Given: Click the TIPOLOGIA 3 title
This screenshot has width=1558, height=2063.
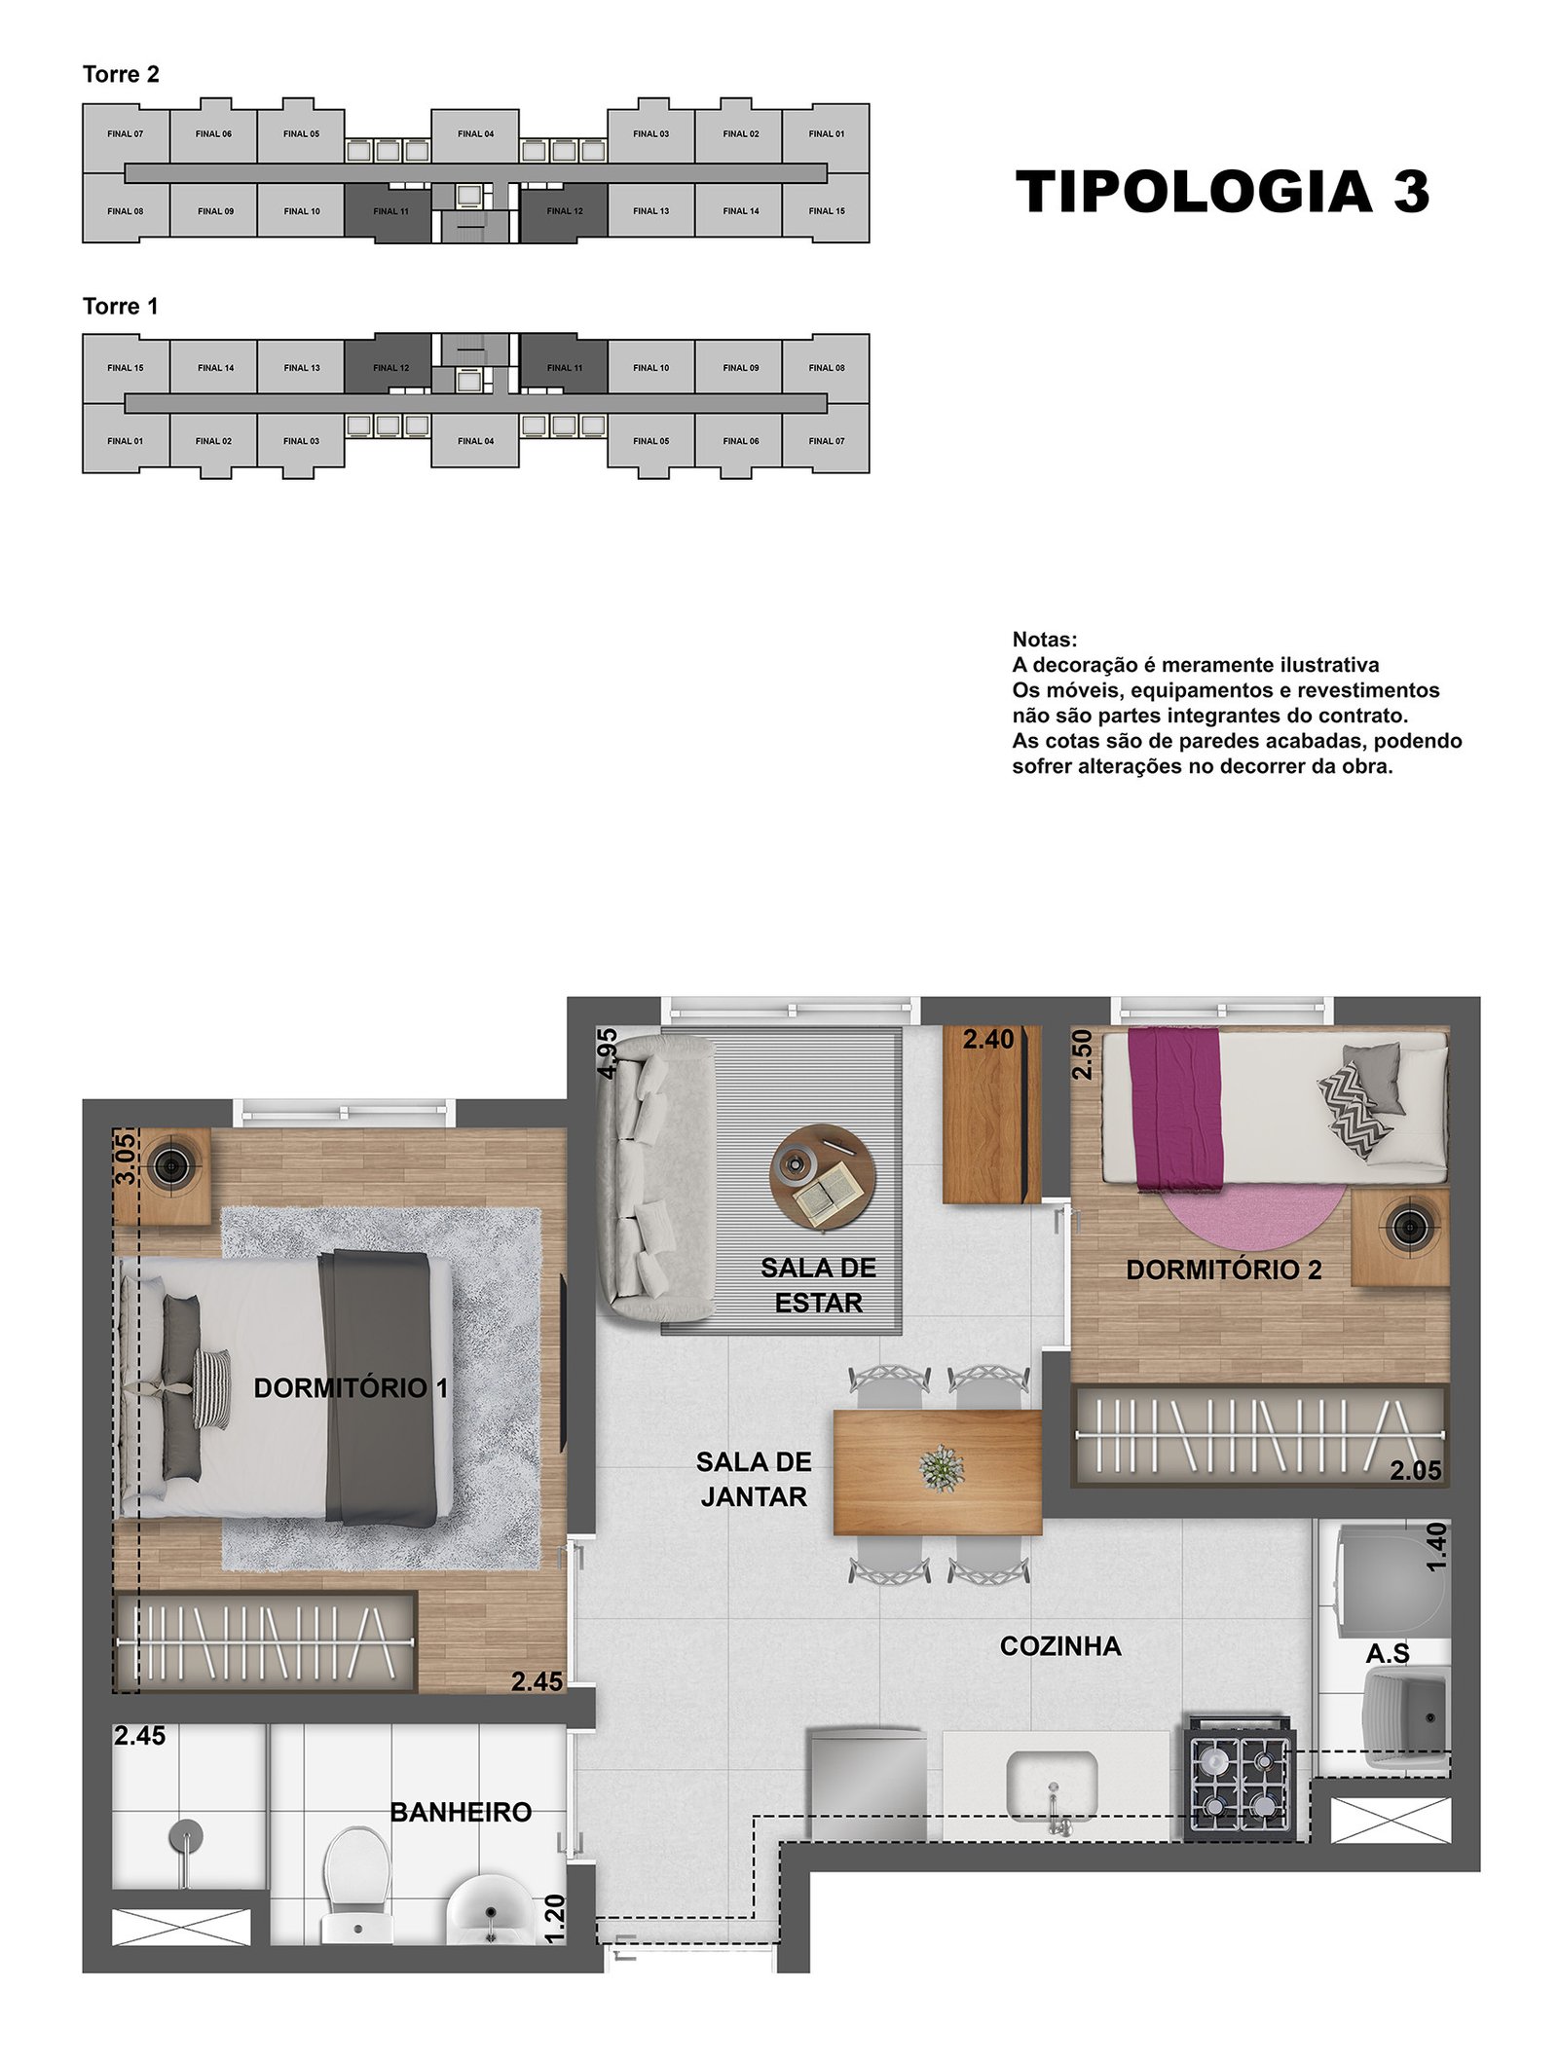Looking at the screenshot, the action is (1222, 191).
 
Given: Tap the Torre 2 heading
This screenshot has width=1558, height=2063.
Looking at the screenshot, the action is (121, 75).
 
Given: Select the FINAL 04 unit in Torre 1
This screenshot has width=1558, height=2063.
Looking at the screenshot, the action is (475, 441).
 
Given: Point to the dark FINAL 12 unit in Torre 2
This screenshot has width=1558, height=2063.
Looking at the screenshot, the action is (564, 211).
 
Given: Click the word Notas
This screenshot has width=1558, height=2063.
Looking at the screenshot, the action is (1045, 640).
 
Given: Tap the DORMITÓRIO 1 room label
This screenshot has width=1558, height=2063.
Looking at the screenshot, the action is (351, 1388).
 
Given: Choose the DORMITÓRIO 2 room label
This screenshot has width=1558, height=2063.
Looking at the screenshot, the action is (1224, 1270).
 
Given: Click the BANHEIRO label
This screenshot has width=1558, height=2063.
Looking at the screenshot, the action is (461, 1812).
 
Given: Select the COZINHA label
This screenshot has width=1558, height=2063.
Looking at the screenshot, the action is (1060, 1646).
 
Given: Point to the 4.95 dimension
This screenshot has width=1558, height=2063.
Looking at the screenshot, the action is (608, 1052).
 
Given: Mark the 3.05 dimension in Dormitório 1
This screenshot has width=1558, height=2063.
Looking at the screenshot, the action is (126, 1158).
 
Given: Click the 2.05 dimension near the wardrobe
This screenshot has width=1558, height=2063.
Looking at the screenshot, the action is (1415, 1471).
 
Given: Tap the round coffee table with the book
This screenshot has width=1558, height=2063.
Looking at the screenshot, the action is (823, 1177).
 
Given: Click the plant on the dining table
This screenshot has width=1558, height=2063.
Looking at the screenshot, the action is (942, 1468).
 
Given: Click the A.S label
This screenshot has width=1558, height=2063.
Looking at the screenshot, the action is (1388, 1654).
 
